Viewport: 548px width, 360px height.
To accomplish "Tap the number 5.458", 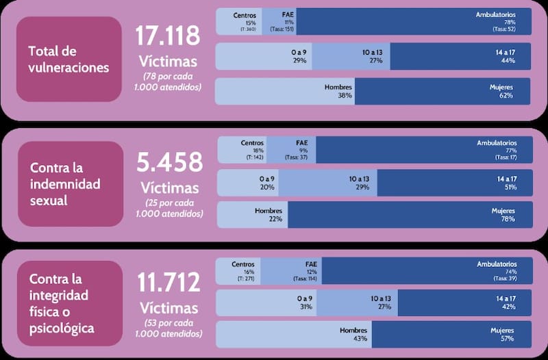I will [170, 163].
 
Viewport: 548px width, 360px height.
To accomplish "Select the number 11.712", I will [168, 281].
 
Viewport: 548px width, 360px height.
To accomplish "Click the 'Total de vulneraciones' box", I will [69, 60].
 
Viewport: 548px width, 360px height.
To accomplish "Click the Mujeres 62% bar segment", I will [442, 92].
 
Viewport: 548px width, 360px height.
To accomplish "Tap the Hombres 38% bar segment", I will [285, 92].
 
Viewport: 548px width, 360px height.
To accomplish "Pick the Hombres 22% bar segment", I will [253, 214].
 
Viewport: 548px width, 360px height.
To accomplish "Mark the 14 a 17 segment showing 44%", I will [460, 56].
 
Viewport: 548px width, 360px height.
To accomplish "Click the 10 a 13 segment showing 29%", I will [328, 183].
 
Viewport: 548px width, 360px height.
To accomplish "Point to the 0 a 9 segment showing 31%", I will [266, 303].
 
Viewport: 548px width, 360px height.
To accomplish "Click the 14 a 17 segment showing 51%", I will [453, 183].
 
